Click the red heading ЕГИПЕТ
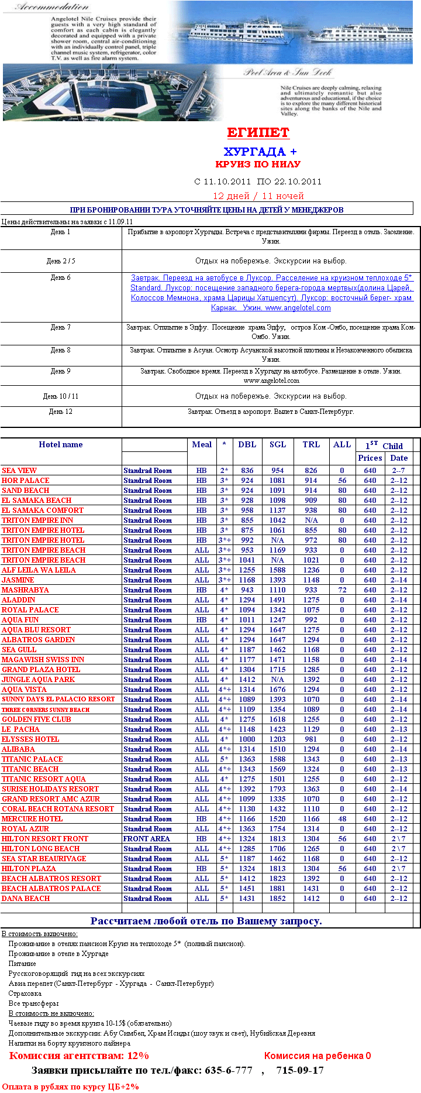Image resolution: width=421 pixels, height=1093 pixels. click(x=258, y=132)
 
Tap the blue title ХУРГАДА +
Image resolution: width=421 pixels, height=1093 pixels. click(x=260, y=152)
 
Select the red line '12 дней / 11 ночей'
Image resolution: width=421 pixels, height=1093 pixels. click(x=258, y=196)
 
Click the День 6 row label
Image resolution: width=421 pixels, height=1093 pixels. click(x=60, y=277)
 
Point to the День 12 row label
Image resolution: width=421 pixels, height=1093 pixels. click(x=60, y=412)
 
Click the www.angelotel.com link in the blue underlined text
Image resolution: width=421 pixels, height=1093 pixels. click(x=298, y=308)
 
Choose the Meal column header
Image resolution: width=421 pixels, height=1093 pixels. click(x=202, y=444)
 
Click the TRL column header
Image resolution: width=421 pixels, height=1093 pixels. click(x=311, y=444)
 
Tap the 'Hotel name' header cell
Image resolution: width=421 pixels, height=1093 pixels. click(x=61, y=444)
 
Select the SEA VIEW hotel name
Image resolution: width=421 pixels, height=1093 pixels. click(x=19, y=471)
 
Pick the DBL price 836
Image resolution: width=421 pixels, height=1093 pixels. click(x=247, y=471)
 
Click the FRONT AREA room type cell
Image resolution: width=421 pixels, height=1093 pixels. click(x=146, y=839)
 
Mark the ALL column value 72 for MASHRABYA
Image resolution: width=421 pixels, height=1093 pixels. click(x=342, y=590)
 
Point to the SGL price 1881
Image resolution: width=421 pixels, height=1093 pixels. click(x=278, y=889)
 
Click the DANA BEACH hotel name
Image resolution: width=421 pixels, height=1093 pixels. click(x=26, y=899)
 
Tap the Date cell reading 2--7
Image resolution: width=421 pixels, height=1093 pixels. click(x=398, y=471)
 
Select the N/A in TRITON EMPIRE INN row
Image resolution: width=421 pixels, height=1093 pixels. click(x=311, y=520)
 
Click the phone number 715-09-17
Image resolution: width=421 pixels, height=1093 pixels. click(x=300, y=1070)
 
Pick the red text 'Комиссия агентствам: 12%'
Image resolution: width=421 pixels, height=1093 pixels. click(x=79, y=1056)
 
